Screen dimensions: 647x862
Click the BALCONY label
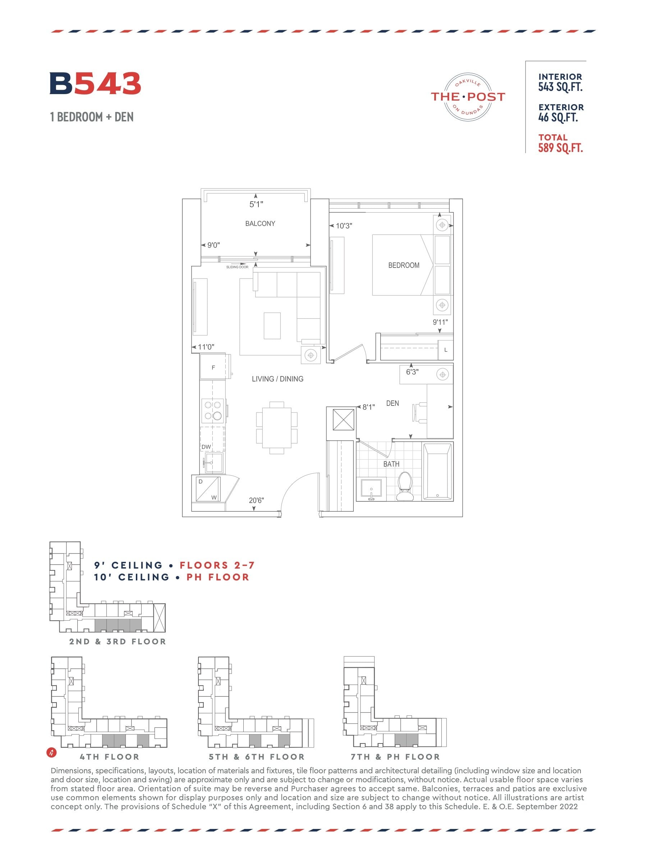[x=260, y=223]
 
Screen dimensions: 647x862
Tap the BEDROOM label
[x=404, y=265]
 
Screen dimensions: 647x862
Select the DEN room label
[x=393, y=403]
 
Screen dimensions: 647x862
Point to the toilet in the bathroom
[x=405, y=486]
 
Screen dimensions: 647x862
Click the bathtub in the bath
[x=437, y=471]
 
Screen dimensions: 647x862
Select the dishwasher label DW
[x=206, y=447]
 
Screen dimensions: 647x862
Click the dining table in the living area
[x=277, y=427]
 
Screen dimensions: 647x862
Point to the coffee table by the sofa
[x=272, y=326]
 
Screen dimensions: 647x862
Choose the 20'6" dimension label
[x=256, y=500]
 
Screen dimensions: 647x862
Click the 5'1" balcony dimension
[x=256, y=204]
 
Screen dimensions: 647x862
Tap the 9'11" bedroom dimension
[x=440, y=322]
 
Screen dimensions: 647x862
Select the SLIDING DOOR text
[x=237, y=267]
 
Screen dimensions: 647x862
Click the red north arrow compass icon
[x=51, y=752]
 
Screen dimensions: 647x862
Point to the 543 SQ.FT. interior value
[x=560, y=87]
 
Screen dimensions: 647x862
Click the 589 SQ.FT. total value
[x=560, y=148]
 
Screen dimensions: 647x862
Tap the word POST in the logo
[x=486, y=97]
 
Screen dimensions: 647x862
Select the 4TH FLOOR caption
[x=110, y=757]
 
